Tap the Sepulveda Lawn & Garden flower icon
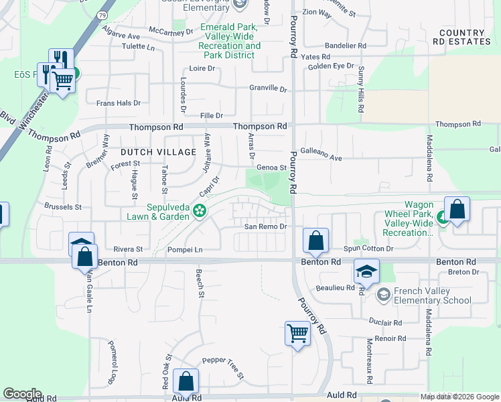pos(199,211)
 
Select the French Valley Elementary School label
pos(432,295)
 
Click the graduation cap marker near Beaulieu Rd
pos(366,271)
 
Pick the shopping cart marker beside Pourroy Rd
pos(297,332)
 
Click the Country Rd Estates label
pos(462,37)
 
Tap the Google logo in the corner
pos(21,394)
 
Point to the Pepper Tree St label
pos(223,360)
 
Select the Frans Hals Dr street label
pos(119,103)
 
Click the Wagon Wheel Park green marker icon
pos(442,217)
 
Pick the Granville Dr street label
pos(268,88)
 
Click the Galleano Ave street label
pos(321,158)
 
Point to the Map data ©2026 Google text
pos(459,397)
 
